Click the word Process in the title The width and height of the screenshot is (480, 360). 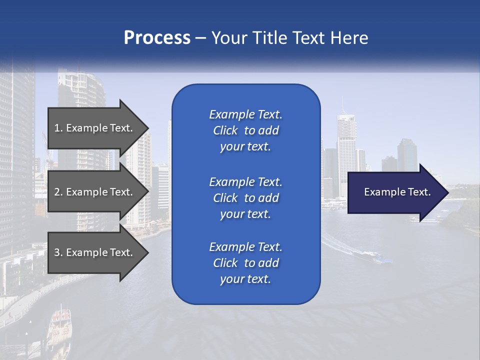(157, 38)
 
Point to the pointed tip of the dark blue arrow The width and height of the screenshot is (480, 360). (447, 192)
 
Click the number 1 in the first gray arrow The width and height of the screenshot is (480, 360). (56, 128)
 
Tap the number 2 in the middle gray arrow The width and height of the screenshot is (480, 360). (56, 192)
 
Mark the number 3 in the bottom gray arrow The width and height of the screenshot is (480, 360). (56, 252)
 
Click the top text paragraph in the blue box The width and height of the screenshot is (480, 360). (245, 130)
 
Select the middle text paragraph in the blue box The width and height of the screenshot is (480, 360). (245, 198)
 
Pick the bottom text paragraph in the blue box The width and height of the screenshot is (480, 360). (245, 263)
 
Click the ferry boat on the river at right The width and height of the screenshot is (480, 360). (372, 257)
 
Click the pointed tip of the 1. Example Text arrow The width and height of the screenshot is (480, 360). (148, 128)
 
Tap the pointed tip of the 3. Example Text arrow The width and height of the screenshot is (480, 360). (148, 252)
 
